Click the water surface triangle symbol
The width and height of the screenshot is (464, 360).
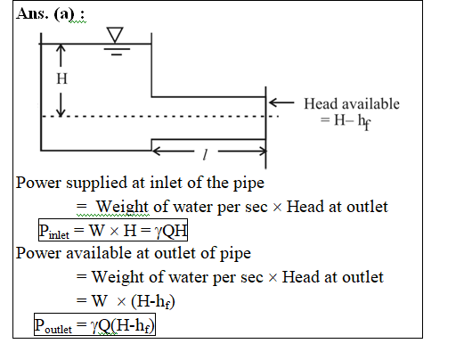[115, 35]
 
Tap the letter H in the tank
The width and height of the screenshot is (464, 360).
[61, 78]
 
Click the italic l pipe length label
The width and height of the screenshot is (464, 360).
[205, 154]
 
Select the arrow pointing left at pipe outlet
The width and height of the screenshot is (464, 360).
[281, 102]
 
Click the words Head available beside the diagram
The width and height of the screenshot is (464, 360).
[352, 104]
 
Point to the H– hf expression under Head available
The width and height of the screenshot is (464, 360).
[346, 121]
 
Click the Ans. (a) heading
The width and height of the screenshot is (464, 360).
[50, 13]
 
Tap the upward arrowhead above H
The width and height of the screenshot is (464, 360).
[61, 48]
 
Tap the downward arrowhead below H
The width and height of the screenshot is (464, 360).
[61, 111]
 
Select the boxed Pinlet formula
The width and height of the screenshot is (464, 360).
[113, 230]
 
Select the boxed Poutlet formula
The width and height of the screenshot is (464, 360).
[94, 324]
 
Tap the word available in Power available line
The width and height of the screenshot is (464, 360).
[99, 253]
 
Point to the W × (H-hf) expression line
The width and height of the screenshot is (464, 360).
[126, 301]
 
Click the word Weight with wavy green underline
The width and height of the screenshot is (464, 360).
[122, 207]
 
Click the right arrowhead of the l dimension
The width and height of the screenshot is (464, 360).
[263, 151]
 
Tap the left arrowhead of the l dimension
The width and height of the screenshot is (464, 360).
[157, 151]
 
